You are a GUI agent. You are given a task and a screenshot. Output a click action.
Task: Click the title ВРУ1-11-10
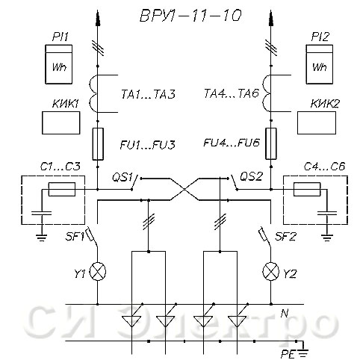coord(190,16)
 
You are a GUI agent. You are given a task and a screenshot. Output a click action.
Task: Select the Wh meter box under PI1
coord(59,64)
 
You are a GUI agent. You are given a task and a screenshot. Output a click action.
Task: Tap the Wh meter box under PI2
coord(320,64)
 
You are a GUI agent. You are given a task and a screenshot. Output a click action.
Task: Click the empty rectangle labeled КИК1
coord(61,122)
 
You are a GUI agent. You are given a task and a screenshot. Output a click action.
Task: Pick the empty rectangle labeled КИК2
coord(317,122)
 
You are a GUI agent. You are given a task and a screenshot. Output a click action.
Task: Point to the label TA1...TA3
coord(148,94)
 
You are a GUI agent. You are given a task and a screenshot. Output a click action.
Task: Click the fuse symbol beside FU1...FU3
coord(98,144)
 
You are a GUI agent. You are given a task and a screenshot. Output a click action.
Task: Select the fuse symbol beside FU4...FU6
coord(271,143)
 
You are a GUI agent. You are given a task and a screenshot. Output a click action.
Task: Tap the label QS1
coord(122,177)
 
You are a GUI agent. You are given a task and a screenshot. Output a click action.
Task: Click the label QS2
coord(251,176)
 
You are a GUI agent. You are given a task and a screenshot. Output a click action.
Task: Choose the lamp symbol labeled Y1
coord(98,271)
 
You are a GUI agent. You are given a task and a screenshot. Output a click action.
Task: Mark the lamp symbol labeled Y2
coord(271,271)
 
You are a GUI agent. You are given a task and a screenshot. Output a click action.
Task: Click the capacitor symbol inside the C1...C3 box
coord(42,213)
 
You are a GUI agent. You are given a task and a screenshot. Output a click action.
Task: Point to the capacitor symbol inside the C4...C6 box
coord(327,213)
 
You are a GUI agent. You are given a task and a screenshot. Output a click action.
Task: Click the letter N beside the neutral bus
coord(285,314)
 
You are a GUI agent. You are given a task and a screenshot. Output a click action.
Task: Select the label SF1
coord(75,236)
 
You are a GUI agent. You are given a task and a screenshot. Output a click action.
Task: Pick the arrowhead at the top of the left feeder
coord(98,18)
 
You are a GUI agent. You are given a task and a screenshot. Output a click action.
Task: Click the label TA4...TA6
coord(232,93)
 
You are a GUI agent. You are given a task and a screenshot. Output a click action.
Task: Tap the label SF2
coord(285,236)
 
